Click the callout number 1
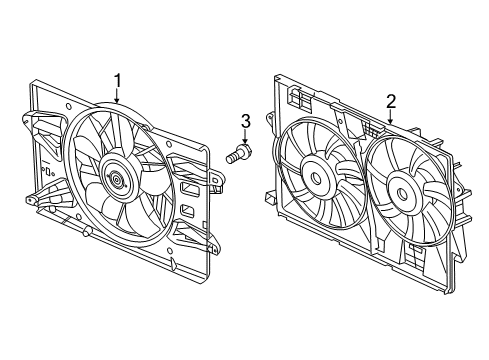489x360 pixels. click(117, 80)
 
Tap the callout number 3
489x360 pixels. click(243, 122)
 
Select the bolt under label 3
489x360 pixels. click(241, 155)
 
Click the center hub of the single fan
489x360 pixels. click(118, 181)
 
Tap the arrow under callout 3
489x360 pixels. click(243, 139)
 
